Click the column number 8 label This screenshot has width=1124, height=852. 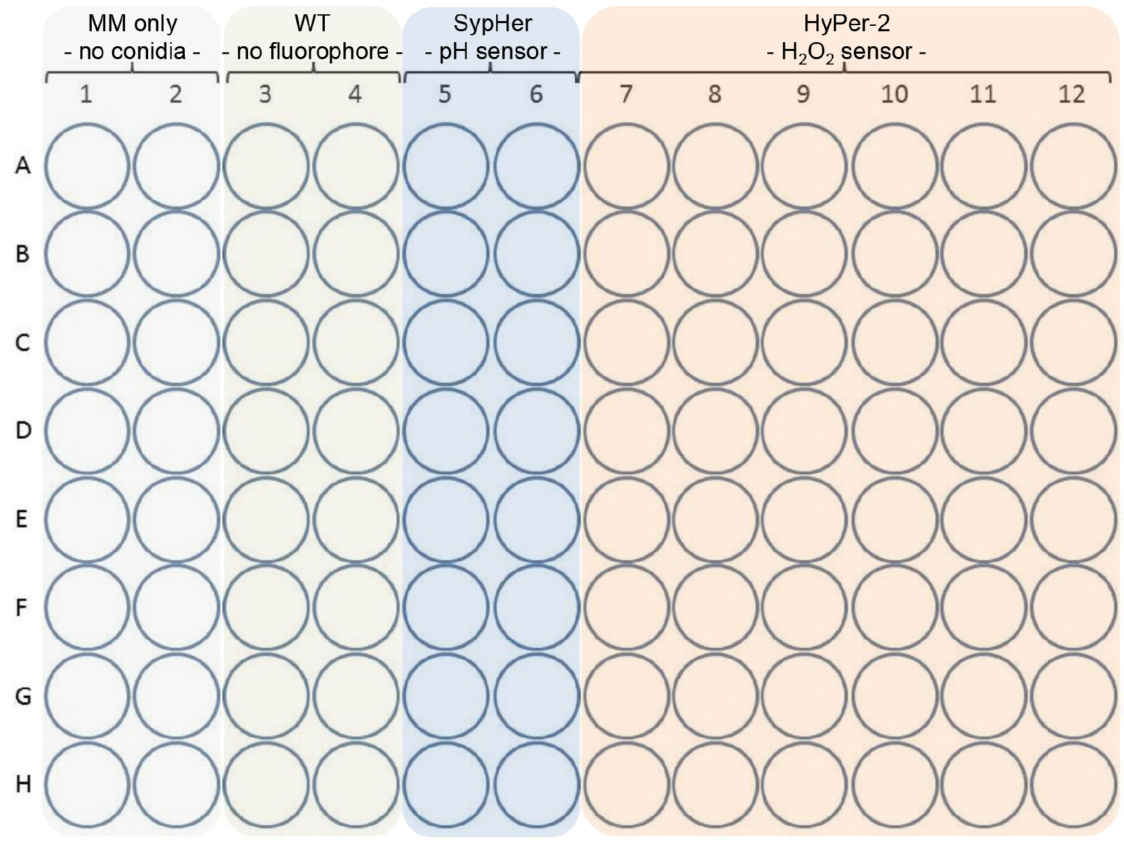click(x=714, y=94)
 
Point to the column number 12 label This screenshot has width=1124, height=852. click(x=1072, y=94)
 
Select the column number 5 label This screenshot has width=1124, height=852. click(x=444, y=94)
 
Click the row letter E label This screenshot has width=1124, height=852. click(x=22, y=518)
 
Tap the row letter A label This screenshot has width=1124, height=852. click(x=22, y=165)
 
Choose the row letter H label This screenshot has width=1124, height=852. click(x=23, y=784)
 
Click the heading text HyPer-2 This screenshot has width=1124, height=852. click(x=847, y=24)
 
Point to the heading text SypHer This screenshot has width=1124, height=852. click(x=493, y=24)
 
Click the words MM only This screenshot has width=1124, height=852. click(x=133, y=24)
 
